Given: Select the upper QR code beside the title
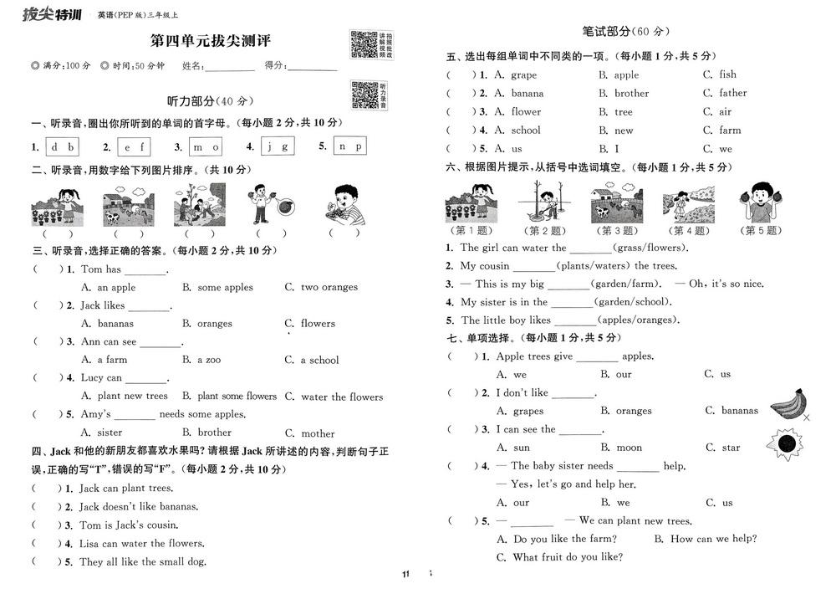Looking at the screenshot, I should click(x=362, y=45).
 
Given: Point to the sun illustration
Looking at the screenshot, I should click(x=786, y=441).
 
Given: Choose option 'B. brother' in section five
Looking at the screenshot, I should click(x=624, y=93).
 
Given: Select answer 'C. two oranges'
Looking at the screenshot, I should click(x=321, y=287).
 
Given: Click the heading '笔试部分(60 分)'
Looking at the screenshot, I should click(x=626, y=32).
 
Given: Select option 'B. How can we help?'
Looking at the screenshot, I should click(x=706, y=539).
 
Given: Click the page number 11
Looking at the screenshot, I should click(x=405, y=574).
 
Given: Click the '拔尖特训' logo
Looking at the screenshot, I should click(x=51, y=13).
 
